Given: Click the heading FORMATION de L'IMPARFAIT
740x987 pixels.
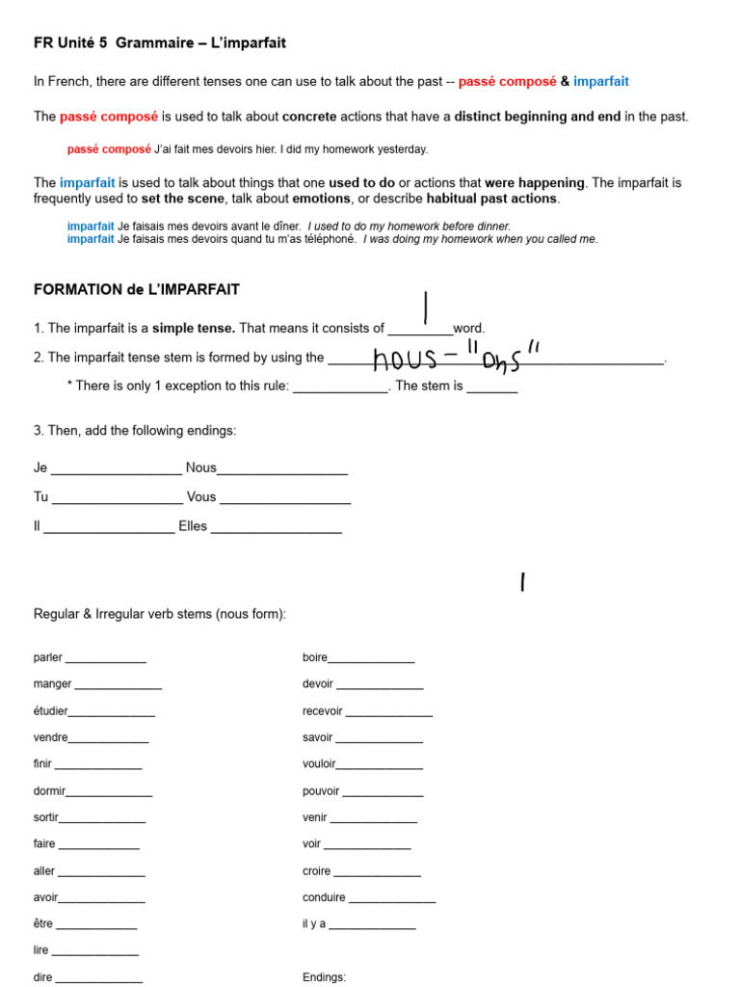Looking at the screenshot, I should [136, 289].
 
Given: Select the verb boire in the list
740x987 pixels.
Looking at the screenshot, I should [315, 657].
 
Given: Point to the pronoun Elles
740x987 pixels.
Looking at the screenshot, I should [193, 526].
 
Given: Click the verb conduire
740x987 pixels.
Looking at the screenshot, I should [324, 897].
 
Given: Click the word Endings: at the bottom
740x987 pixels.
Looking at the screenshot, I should [324, 976].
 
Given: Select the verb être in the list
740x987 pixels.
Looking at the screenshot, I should [42, 923].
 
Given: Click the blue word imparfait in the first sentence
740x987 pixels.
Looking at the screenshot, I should [600, 82].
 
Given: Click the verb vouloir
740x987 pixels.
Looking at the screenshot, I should [319, 764].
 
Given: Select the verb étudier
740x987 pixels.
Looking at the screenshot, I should [50, 711].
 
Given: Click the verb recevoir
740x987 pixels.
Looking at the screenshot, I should [323, 711].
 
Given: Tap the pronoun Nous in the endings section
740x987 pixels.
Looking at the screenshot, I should [201, 467].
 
